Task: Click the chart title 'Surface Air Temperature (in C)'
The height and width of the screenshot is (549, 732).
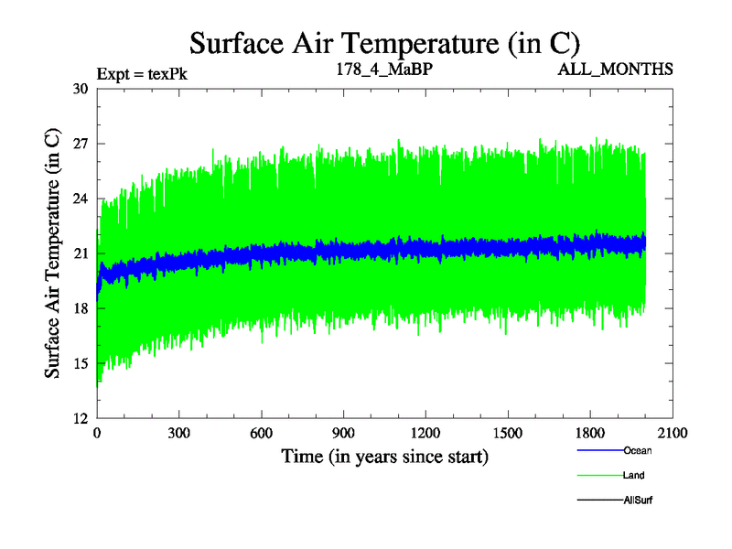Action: tap(384, 42)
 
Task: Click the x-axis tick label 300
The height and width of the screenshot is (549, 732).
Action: tap(178, 434)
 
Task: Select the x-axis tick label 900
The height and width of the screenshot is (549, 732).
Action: tap(343, 434)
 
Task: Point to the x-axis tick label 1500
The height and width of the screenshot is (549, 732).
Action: tap(508, 434)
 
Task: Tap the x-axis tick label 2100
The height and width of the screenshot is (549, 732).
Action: tap(673, 434)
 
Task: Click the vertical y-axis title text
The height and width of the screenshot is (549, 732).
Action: tap(53, 253)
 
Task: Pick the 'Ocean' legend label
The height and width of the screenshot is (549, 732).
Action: tap(638, 450)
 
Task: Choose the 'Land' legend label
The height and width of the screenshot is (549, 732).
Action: tap(635, 475)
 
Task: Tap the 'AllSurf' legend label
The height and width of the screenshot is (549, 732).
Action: tap(638, 501)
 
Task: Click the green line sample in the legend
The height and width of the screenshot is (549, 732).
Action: tap(599, 475)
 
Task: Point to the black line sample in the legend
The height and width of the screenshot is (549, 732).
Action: tap(599, 501)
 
